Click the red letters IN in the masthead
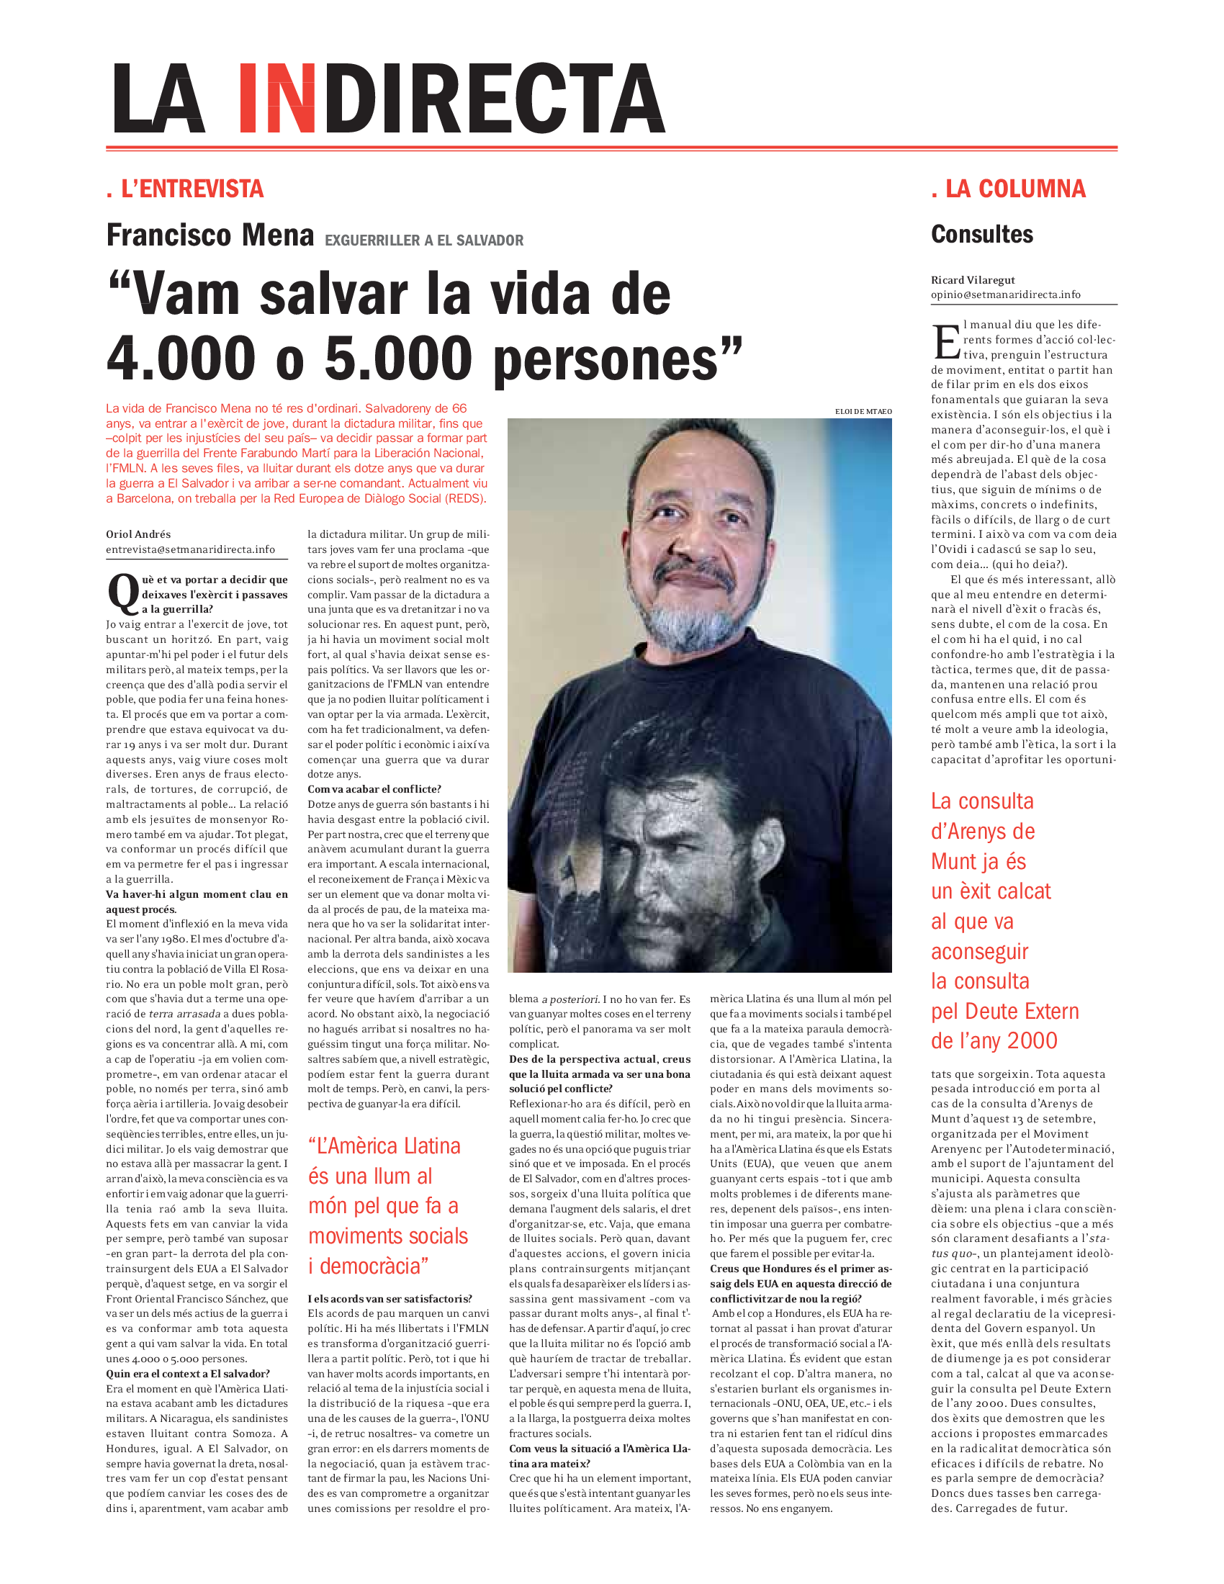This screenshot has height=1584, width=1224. click(277, 99)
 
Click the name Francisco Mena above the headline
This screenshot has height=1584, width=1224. click(210, 235)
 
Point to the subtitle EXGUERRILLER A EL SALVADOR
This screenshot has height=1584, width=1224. click(424, 240)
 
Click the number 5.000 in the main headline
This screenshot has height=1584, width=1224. click(398, 359)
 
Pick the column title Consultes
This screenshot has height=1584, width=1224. click(982, 235)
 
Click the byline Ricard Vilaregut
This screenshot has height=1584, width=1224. click(973, 280)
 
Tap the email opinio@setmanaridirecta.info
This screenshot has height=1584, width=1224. click(1005, 294)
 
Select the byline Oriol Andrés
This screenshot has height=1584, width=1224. click(138, 534)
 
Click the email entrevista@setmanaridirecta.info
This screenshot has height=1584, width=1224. click(191, 550)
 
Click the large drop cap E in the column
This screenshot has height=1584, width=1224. click(945, 341)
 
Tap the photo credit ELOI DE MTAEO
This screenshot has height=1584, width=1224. click(863, 411)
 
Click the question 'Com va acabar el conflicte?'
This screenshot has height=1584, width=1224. click(374, 789)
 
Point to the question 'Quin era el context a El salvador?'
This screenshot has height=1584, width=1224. click(188, 1374)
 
